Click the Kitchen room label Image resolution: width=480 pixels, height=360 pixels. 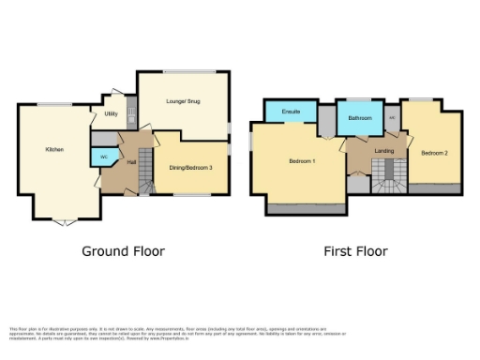[x=54, y=150]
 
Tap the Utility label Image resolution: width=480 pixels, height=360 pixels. [x=111, y=114]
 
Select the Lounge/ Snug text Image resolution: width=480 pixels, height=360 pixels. [x=183, y=100]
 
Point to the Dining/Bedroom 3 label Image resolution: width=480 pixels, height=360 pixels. [x=190, y=168]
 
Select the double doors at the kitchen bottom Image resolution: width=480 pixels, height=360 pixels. [x=64, y=222]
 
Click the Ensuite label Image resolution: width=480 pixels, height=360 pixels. [x=291, y=112]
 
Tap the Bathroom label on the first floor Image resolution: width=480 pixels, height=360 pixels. [x=360, y=119]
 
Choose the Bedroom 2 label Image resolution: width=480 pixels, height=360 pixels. [x=432, y=153]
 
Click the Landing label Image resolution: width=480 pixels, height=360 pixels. [x=383, y=150]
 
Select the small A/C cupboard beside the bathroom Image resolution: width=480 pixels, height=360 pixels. [x=392, y=118]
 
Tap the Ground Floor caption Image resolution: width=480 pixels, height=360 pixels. [x=123, y=251]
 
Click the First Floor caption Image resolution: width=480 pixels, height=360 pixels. [x=355, y=251]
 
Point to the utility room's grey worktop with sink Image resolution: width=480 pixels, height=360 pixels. [x=131, y=114]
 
